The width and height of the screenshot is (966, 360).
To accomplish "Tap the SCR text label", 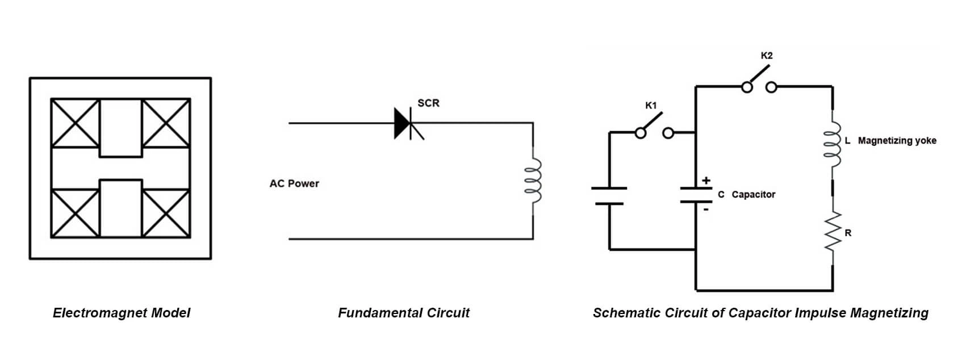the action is tap(428, 103).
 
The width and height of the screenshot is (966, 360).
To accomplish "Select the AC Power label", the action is tap(294, 183).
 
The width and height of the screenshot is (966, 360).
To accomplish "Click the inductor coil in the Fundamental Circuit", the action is tap(533, 181).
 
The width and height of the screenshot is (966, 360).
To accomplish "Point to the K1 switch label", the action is tap(651, 105).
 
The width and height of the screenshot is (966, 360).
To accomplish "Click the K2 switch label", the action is tap(766, 56).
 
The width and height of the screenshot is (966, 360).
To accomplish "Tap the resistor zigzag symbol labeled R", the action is tap(833, 231).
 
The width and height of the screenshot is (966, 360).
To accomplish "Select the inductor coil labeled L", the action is tap(833, 144).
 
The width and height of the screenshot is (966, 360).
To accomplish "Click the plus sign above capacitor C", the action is tap(706, 180).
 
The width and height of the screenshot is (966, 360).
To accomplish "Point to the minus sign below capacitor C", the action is tap(706, 210).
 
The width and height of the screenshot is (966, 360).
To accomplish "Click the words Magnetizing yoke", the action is tap(897, 141).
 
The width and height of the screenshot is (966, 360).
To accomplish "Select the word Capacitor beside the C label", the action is tap(754, 194).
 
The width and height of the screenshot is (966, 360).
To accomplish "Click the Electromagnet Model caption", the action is tap(121, 312).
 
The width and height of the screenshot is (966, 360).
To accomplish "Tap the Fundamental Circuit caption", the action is tap(404, 312).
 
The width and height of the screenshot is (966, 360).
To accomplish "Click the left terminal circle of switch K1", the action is tap(641, 133).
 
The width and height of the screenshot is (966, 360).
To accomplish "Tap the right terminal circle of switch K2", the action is tap(772, 87).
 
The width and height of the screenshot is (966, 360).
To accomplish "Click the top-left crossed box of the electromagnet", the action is tap(76, 123).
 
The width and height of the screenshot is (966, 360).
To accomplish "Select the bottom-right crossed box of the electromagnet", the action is tap(166, 214).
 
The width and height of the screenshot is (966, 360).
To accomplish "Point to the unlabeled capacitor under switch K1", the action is tap(609, 196).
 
